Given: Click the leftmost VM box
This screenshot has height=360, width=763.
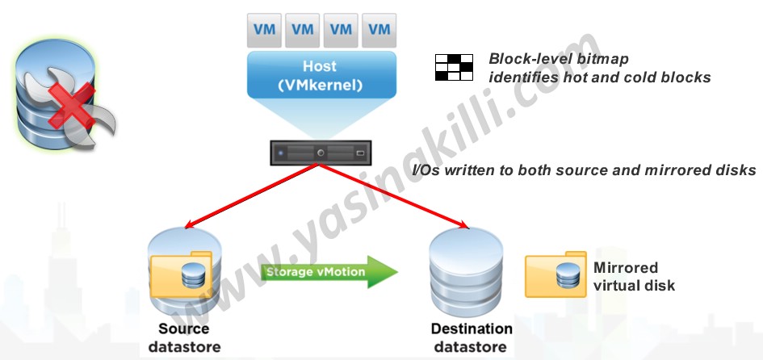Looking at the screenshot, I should point(264,30).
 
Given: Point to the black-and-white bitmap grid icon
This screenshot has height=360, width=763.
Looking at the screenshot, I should point(453,67).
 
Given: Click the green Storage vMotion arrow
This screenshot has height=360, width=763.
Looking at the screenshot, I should point(327,272).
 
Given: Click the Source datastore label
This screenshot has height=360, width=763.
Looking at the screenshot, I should point(183,337).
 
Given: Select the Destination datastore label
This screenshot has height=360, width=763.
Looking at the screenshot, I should point(472,337).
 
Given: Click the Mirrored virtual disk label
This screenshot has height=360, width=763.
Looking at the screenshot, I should point(634,276).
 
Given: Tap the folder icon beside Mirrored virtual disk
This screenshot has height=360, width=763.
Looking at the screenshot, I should point(555,275).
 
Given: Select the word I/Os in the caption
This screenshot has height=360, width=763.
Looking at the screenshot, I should point(426,170).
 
